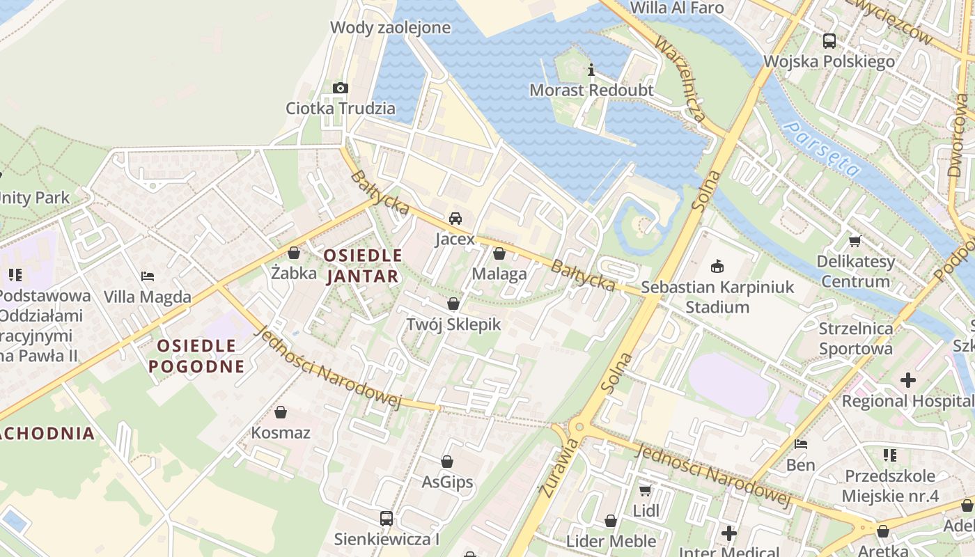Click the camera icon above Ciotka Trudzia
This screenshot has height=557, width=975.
tap(340, 88)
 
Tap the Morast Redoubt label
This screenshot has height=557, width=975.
tap(591, 91)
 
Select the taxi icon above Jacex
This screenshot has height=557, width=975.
tap(455, 219)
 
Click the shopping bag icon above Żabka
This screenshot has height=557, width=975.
tap(294, 253)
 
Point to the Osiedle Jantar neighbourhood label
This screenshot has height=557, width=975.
tap(363, 265)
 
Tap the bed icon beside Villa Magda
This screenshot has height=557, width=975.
tap(147, 276)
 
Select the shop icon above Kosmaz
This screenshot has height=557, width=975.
tap(281, 412)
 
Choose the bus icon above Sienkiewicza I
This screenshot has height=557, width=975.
tap(387, 518)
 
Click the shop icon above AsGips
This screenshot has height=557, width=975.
tap(447, 461)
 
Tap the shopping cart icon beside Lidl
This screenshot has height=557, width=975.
tap(646, 490)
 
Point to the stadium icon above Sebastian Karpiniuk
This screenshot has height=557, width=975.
tap(717, 266)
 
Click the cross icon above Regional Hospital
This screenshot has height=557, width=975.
tap(908, 380)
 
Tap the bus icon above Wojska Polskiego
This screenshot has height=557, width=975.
tap(829, 41)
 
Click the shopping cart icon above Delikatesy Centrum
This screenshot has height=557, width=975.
tap(855, 241)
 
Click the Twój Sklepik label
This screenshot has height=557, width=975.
tap(453, 324)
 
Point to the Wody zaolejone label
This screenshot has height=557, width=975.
tap(390, 28)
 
